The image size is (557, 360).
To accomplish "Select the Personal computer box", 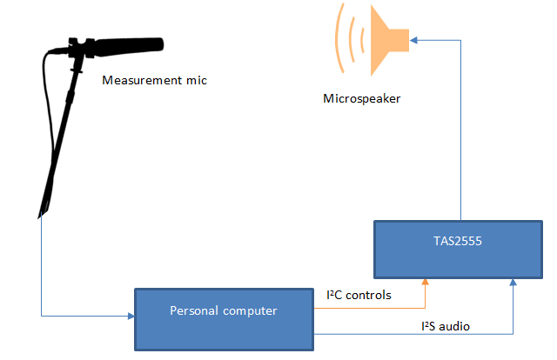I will coord(224,317).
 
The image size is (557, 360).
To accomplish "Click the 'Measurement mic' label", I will coord(155,81).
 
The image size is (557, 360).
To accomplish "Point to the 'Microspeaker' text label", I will coord(361,99).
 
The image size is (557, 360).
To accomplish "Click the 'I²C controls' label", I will coord(359,295).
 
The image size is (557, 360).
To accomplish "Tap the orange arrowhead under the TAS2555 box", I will coord(426,281).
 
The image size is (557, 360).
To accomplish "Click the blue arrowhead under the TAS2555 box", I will coord(513,281).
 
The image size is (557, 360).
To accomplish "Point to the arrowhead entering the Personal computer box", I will coord(130,316).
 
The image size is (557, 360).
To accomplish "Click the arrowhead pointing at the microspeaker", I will coord(415,38).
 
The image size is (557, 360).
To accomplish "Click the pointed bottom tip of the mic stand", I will coord(38,213).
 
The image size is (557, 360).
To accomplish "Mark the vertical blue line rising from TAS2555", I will coord(460,130).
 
